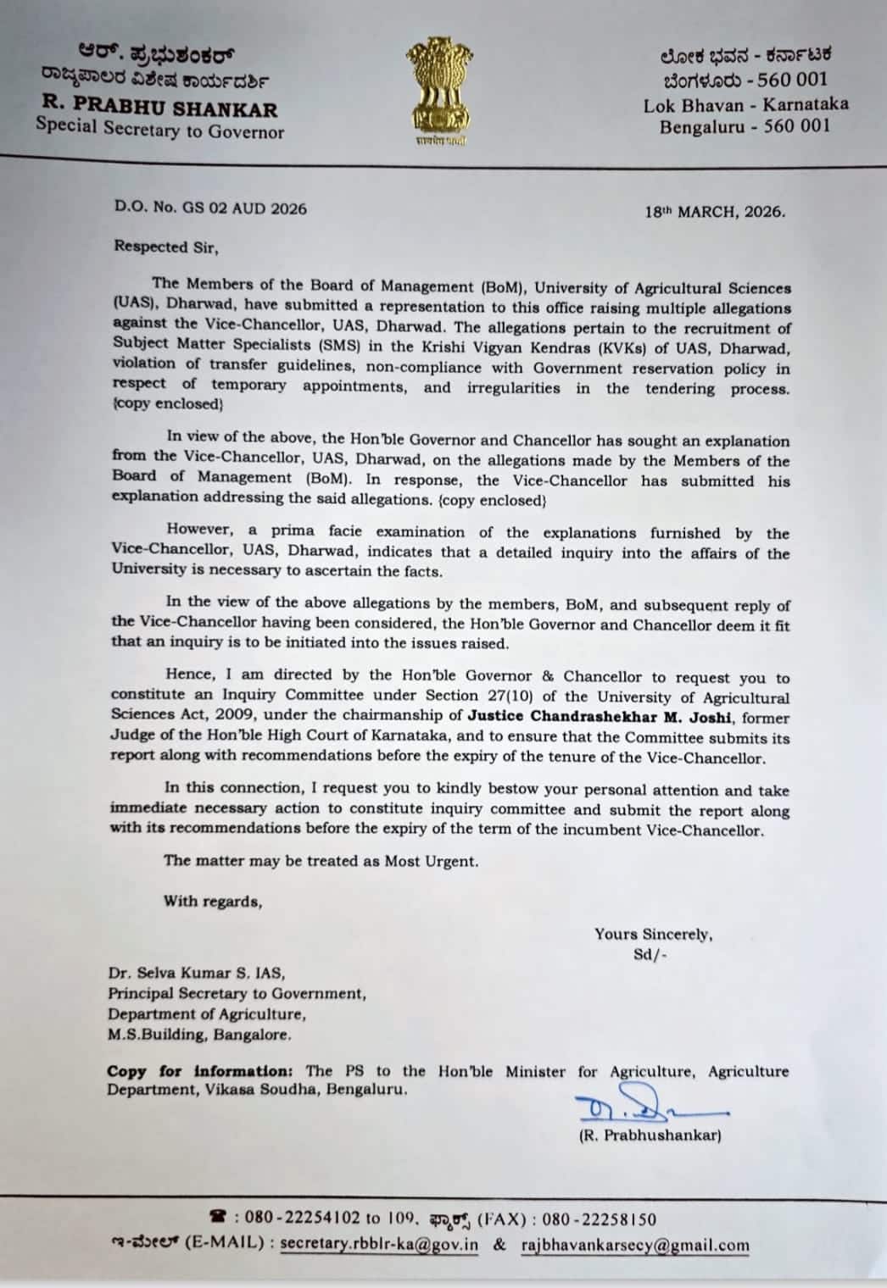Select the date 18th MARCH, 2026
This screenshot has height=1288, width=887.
point(714,212)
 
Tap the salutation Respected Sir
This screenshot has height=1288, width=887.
point(166,247)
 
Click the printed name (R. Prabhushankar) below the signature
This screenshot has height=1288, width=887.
point(650,1135)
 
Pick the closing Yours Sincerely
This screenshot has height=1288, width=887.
point(653,934)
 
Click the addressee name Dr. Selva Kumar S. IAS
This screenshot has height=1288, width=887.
point(196,974)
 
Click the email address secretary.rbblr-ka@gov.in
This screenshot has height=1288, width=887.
point(379,1245)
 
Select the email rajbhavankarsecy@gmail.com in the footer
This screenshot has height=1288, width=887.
point(635,1245)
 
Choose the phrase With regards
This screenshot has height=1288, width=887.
point(213,902)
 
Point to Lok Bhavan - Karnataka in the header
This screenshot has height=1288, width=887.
point(745,105)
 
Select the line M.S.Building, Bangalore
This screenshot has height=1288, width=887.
point(198,1035)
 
